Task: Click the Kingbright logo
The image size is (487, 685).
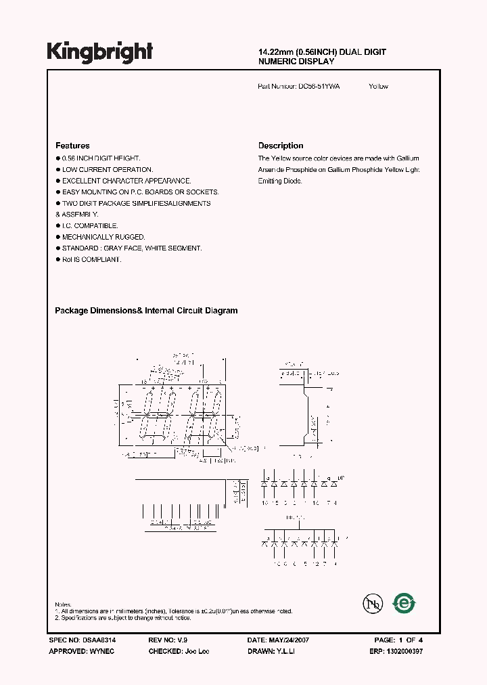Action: point(99,52)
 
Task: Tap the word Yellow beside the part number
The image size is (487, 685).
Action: point(379,87)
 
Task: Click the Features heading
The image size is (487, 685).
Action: point(72,146)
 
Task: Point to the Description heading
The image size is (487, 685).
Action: point(281,146)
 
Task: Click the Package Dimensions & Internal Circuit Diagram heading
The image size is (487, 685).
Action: point(146,311)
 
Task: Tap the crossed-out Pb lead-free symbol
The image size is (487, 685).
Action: point(371,604)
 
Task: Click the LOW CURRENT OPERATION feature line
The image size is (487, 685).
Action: point(108,169)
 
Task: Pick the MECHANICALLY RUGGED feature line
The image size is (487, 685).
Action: point(103,237)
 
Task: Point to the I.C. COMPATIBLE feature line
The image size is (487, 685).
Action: point(90,225)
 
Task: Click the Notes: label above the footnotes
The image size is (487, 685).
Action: point(62,604)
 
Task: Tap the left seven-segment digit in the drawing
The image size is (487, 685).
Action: point(156,414)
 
